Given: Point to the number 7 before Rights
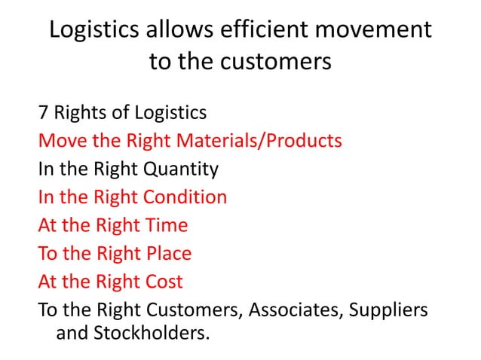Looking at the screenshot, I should [43, 113].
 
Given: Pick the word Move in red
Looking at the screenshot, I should [62, 141].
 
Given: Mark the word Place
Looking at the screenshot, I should [166, 254].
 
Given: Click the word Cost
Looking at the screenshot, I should [161, 282].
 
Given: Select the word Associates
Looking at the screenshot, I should [298, 310].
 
